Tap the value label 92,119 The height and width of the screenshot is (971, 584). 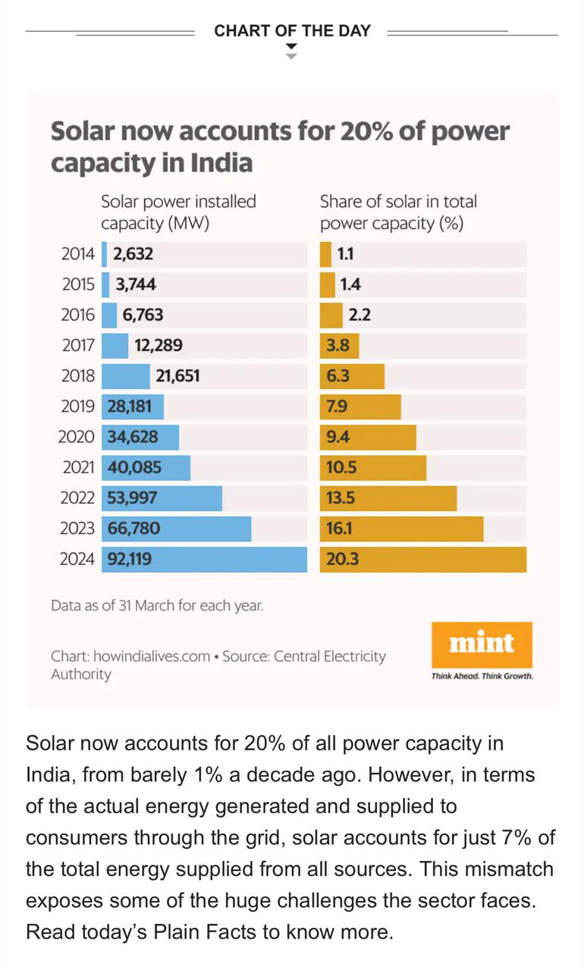tap(130, 560)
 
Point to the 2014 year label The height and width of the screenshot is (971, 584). tap(78, 254)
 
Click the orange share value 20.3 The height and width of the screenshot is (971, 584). tap(342, 560)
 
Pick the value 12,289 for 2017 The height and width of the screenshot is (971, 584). tap(159, 346)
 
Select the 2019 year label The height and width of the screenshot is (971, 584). tap(78, 407)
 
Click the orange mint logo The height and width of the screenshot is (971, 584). tap(482, 644)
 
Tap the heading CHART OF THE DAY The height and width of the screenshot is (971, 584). tap(292, 31)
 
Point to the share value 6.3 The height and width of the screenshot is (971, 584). tap(338, 376)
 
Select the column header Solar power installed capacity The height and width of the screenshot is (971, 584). tap(178, 212)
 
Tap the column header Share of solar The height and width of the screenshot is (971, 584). tap(398, 212)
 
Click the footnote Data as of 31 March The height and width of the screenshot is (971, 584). tap(157, 606)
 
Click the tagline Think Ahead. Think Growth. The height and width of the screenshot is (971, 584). tap(482, 676)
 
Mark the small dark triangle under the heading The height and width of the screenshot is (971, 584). tap(291, 47)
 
